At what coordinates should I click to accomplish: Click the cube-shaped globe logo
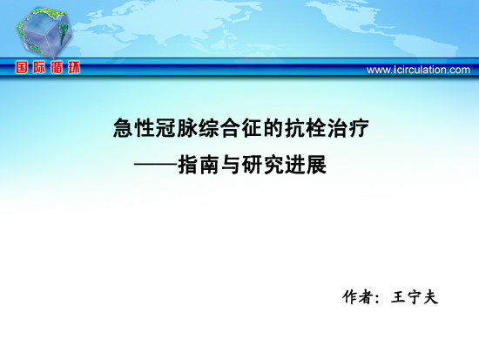coord(44,32)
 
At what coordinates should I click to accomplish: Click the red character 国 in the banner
coord(22,67)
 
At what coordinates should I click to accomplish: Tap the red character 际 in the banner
coord(39,67)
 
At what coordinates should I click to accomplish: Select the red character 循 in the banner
coord(57,67)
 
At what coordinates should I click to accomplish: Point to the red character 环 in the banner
coord(74,67)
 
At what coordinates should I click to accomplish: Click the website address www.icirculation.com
coord(418,70)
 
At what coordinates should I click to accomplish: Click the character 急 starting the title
coord(123,128)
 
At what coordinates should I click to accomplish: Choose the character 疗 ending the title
coord(359,128)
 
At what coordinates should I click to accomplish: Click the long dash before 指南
coord(156,165)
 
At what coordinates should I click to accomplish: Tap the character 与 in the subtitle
coord(230,165)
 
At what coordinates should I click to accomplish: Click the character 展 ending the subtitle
coord(316,165)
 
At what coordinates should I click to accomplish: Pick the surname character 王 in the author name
coord(398,297)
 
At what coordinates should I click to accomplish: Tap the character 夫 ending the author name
coord(431,297)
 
